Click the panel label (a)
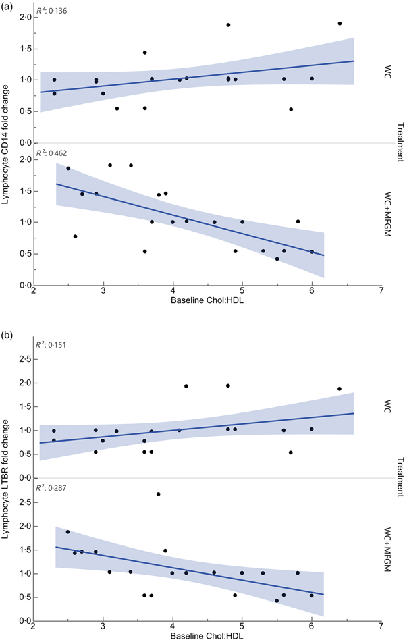tap(8, 7)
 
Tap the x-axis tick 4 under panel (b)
tap(173, 626)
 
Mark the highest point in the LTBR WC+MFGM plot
tap(159, 494)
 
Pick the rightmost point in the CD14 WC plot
tap(340, 24)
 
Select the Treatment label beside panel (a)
tap(399, 142)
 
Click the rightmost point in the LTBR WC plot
tap(340, 389)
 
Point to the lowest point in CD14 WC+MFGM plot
tap(277, 259)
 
